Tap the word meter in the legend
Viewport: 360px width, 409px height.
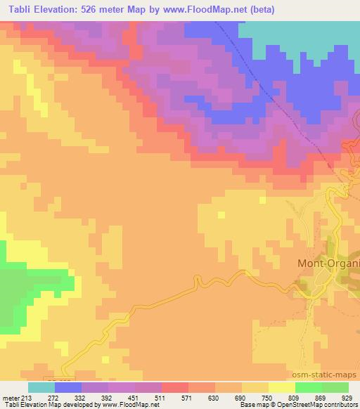11,398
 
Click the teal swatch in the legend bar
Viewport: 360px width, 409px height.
41,387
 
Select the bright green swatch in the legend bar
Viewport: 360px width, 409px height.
309,387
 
